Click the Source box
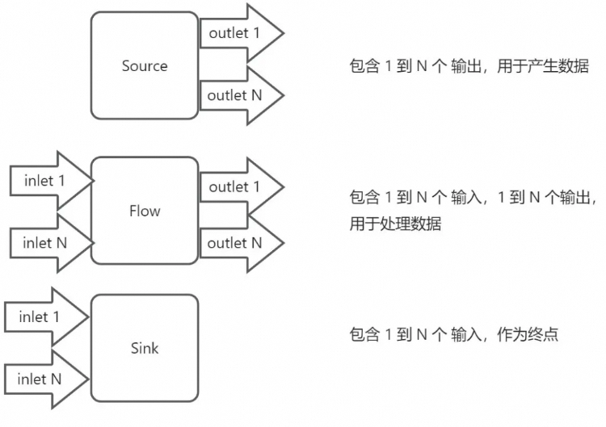point(144,65)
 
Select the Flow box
point(144,211)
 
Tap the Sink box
point(144,348)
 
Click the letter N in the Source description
point(421,66)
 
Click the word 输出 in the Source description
point(469,66)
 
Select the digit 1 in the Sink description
point(387,334)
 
